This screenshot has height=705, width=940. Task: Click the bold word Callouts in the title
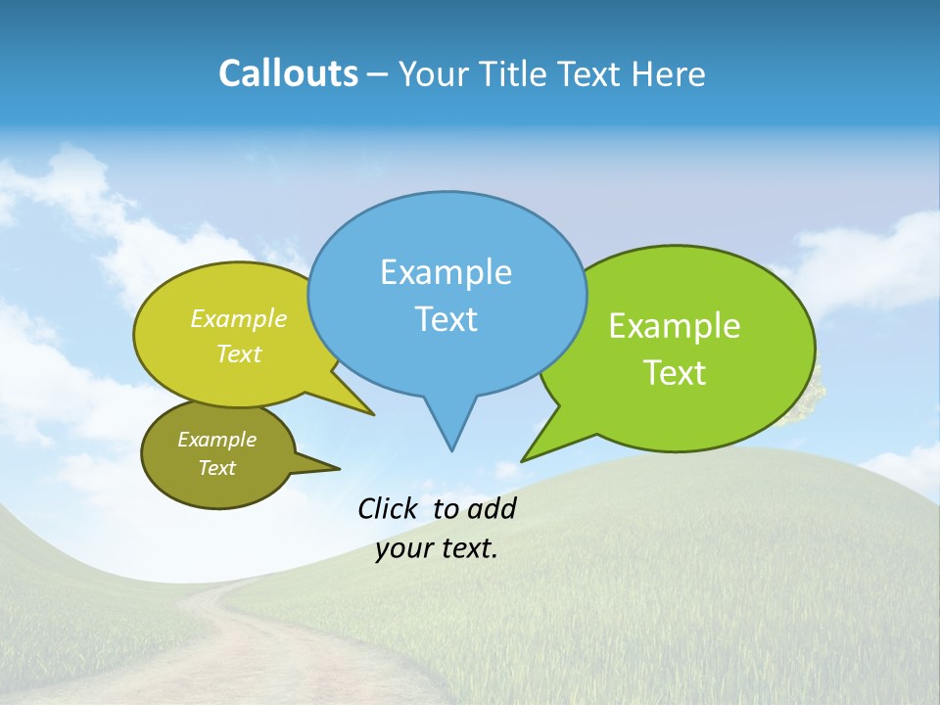coord(288,74)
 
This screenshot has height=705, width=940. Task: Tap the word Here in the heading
coord(666,74)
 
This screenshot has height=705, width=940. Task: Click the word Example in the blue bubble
coord(446,272)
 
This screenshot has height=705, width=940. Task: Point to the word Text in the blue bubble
coord(446,319)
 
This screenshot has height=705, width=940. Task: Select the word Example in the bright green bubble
coord(675,326)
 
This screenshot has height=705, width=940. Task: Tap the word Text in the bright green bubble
coord(675,373)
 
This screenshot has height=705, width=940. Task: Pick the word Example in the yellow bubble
coord(239,318)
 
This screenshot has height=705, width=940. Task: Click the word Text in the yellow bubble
coord(239,354)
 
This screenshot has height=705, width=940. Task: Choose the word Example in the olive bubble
coord(216,440)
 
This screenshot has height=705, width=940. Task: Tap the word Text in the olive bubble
coord(216,468)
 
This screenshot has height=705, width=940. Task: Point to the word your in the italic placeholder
coord(402,548)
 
